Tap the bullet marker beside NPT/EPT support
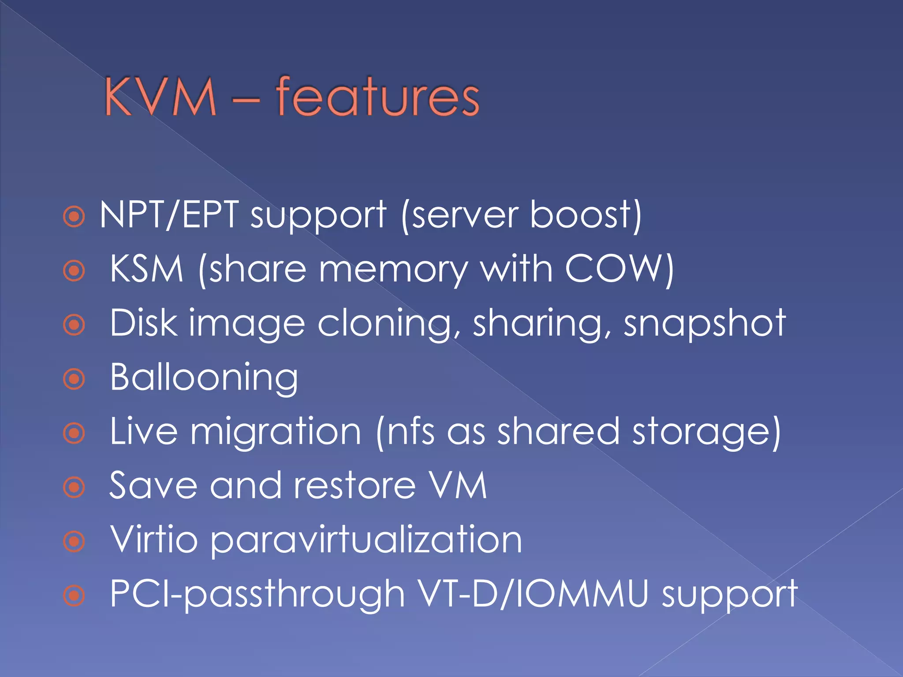pyautogui.click(x=74, y=216)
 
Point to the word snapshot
pyautogui.click(x=705, y=324)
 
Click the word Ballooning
pyautogui.click(x=204, y=378)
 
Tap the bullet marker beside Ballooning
pyautogui.click(x=74, y=379)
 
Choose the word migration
pyautogui.click(x=276, y=431)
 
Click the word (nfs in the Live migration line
pyautogui.click(x=406, y=431)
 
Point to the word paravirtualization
pyautogui.click(x=366, y=540)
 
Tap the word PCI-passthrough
pyautogui.click(x=257, y=594)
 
